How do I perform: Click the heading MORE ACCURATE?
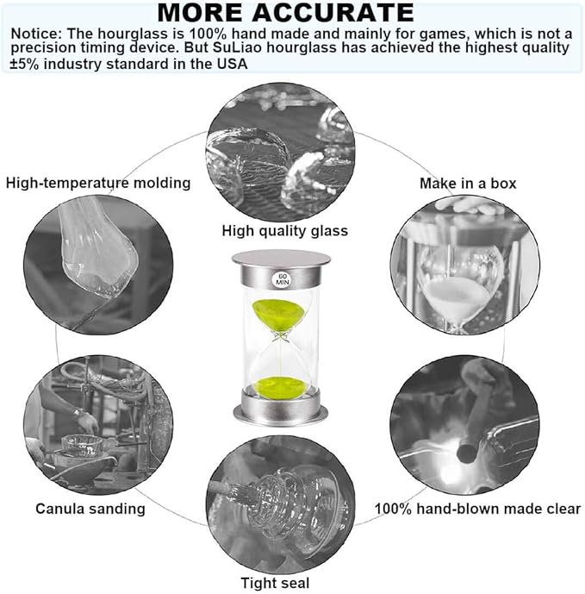[285, 13]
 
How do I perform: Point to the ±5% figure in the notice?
[25, 64]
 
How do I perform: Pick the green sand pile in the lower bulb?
[280, 386]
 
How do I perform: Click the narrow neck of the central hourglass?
[281, 336]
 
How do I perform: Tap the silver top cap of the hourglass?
[281, 269]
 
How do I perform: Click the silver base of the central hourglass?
[281, 409]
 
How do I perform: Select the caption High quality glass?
[284, 231]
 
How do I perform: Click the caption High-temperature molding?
[98, 183]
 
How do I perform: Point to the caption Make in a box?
[468, 184]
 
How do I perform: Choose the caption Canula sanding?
[90, 509]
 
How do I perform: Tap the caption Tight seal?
[276, 583]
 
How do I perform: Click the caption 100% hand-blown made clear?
[478, 509]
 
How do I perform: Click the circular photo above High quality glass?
[281, 153]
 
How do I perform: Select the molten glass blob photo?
[98, 265]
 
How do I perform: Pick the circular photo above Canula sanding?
[98, 425]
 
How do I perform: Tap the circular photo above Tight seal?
[281, 506]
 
